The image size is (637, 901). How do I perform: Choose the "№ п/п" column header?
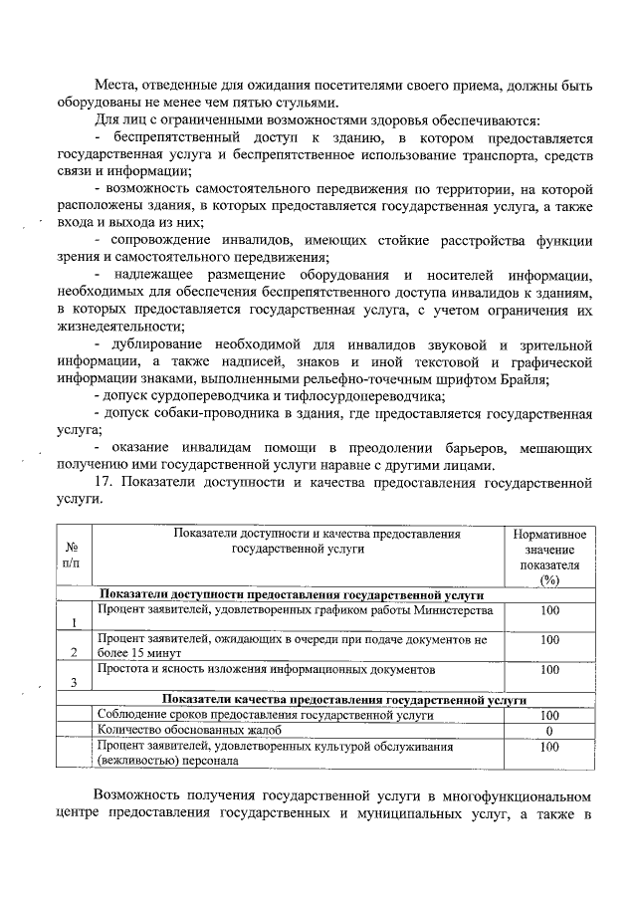[x=71, y=556]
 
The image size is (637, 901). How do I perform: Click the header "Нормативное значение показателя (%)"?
[x=548, y=558]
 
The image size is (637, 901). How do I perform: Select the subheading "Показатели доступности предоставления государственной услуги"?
[x=292, y=594]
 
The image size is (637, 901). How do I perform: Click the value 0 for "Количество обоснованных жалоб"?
[x=549, y=730]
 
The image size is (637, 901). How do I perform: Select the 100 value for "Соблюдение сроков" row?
[x=549, y=715]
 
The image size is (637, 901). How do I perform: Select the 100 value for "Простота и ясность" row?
[x=549, y=670]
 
